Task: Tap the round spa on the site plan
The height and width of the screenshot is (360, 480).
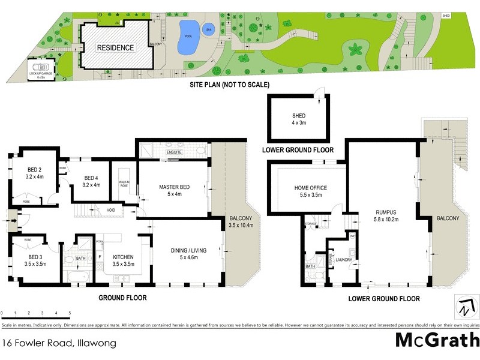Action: click(209, 29)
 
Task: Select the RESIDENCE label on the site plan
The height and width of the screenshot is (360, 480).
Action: click(116, 47)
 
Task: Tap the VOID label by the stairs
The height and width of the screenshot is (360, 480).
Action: click(112, 210)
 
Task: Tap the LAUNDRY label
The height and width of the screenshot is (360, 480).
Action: click(343, 260)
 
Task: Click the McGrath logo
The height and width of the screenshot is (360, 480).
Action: click(436, 340)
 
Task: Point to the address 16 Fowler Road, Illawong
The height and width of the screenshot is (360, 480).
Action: click(59, 344)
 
